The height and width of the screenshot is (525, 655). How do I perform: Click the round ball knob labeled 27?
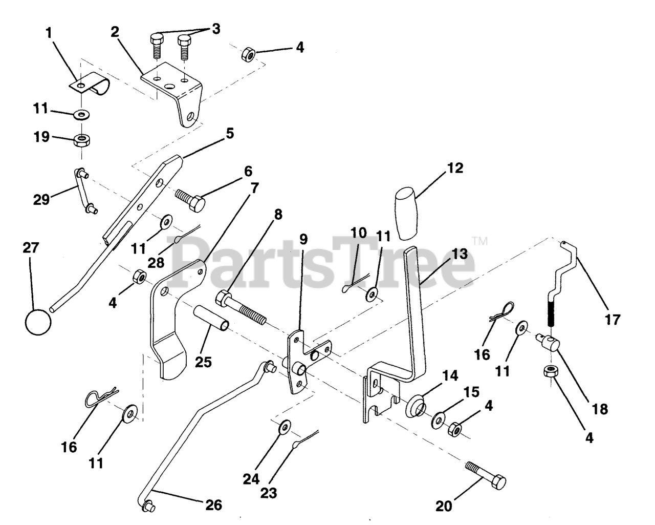click(x=38, y=322)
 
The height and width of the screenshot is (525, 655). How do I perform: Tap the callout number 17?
click(x=612, y=320)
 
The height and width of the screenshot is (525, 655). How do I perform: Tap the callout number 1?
click(x=49, y=33)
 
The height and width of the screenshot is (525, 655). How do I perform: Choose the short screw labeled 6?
click(x=190, y=200)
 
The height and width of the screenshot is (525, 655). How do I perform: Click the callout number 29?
click(x=41, y=199)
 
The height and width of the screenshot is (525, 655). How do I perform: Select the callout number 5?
click(x=229, y=133)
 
